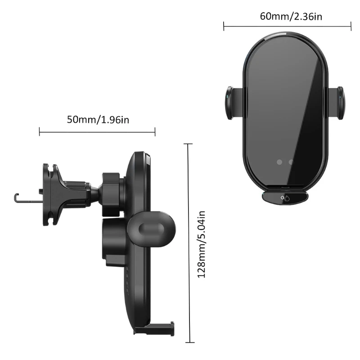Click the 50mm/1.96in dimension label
98,120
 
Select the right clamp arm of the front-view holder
337,103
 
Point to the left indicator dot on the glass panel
279,162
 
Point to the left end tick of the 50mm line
40,131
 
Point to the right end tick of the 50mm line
155,131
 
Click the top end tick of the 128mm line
188,144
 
